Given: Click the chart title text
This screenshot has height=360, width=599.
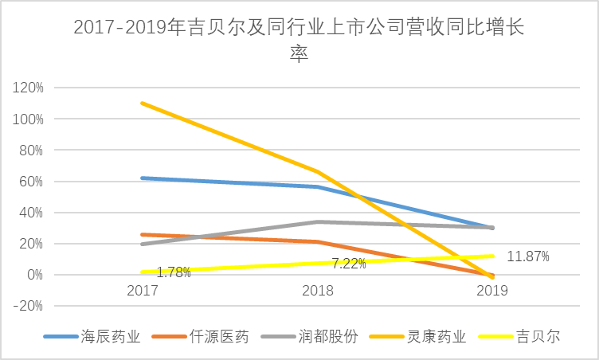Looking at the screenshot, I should (299, 40).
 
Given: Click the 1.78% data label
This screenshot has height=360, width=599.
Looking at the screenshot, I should (174, 272).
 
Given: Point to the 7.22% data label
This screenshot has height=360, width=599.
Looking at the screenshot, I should (348, 262).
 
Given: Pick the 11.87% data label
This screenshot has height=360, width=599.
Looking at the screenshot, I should (527, 256).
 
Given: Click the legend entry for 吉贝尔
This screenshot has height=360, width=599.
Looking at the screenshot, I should (542, 336).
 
